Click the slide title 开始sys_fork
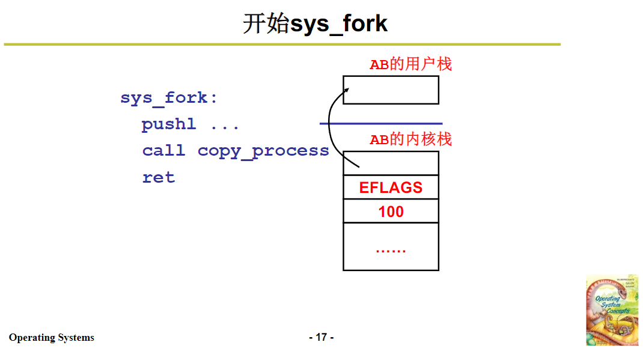(315, 24)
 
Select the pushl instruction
(169, 124)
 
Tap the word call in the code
(163, 151)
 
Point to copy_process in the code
(263, 151)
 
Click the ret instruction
(159, 178)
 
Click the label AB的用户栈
(410, 64)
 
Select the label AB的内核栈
(410, 140)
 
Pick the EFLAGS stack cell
(391, 188)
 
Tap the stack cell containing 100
(391, 212)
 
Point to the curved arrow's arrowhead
(347, 90)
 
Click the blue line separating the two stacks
(380, 123)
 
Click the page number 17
(321, 337)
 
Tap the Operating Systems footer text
(52, 338)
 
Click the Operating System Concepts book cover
(612, 310)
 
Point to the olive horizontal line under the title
(282, 44)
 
